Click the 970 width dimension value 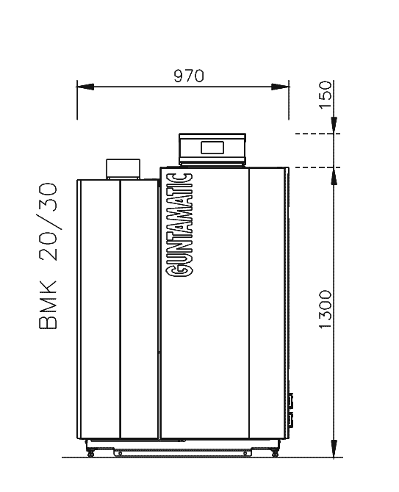click(x=189, y=76)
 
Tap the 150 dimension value click(x=326, y=95)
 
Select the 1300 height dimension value click(x=326, y=309)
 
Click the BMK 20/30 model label click(x=48, y=256)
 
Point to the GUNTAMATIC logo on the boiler click(x=179, y=225)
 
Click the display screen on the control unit click(x=212, y=148)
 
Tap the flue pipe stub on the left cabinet click(x=123, y=169)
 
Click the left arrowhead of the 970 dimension click(x=85, y=87)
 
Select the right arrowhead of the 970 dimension click(x=281, y=87)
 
